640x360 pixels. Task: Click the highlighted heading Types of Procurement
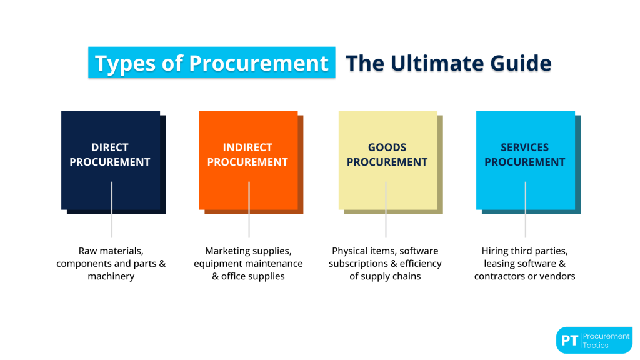pos(211,62)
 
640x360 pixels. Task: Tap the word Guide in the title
pos(523,62)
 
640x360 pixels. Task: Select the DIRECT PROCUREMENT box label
pos(110,154)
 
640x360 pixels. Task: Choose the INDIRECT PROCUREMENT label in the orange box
pos(247,154)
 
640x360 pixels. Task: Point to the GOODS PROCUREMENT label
pos(387,154)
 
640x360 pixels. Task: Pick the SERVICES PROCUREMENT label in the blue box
pos(525,154)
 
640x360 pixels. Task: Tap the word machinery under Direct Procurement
pos(111,276)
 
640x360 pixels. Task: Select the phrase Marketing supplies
pos(248,251)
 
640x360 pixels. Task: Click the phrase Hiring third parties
pos(524,251)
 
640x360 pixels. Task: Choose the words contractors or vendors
pos(524,276)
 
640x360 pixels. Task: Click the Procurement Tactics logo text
pos(606,341)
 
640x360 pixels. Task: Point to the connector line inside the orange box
pos(249,195)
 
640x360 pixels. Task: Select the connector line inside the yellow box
pos(386,195)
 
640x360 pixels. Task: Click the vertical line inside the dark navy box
pos(112,195)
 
